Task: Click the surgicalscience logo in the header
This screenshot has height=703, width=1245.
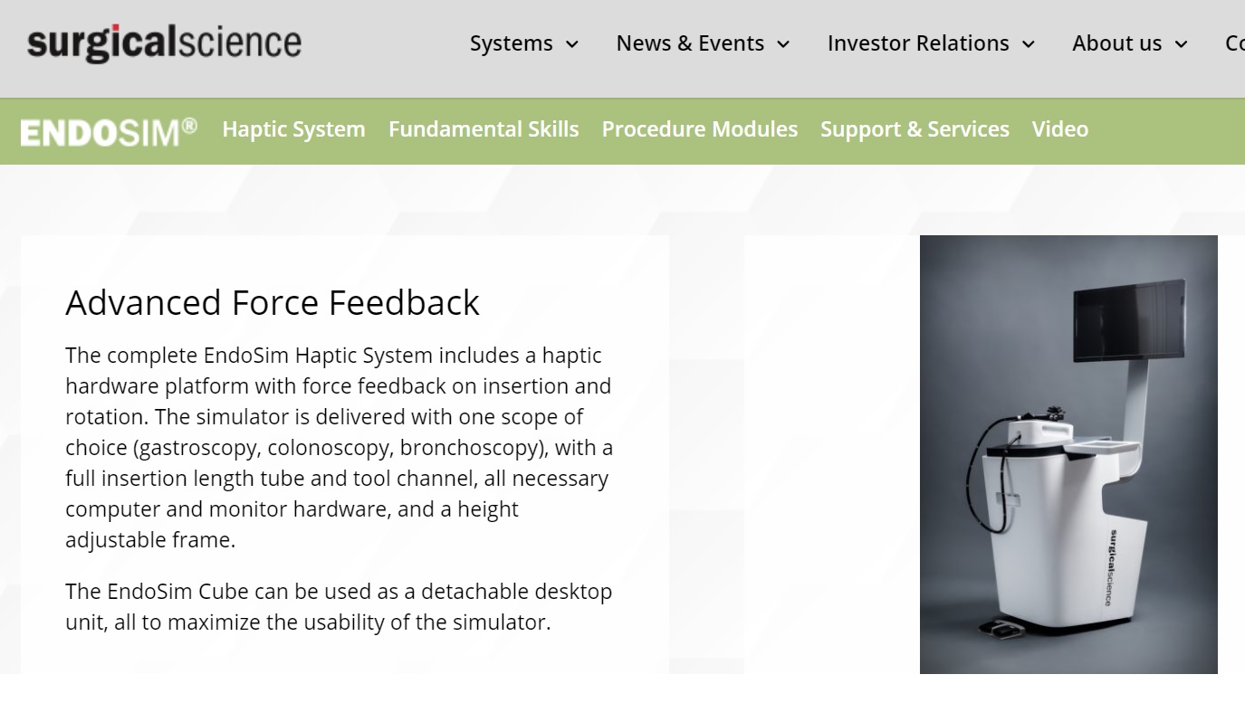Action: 165,43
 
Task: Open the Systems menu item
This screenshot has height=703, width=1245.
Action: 512,43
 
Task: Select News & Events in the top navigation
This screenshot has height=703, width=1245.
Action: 690,43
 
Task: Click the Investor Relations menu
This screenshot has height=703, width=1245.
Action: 918,43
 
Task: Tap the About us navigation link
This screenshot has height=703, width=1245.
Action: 1117,43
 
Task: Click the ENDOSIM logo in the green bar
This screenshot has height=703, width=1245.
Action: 109,132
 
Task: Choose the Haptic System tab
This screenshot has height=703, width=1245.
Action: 294,129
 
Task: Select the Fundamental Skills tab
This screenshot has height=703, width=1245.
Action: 484,129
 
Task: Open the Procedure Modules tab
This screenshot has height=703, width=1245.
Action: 700,129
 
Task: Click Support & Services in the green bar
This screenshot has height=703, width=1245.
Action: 915,129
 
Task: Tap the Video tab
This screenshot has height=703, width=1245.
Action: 1060,129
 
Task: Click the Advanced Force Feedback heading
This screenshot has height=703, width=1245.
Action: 273,302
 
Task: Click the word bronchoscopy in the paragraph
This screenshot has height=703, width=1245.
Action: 472,448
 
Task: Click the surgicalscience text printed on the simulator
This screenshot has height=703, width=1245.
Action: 1112,567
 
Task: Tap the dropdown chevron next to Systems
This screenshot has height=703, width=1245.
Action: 572,44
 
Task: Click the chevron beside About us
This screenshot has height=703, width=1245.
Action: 1181,44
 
